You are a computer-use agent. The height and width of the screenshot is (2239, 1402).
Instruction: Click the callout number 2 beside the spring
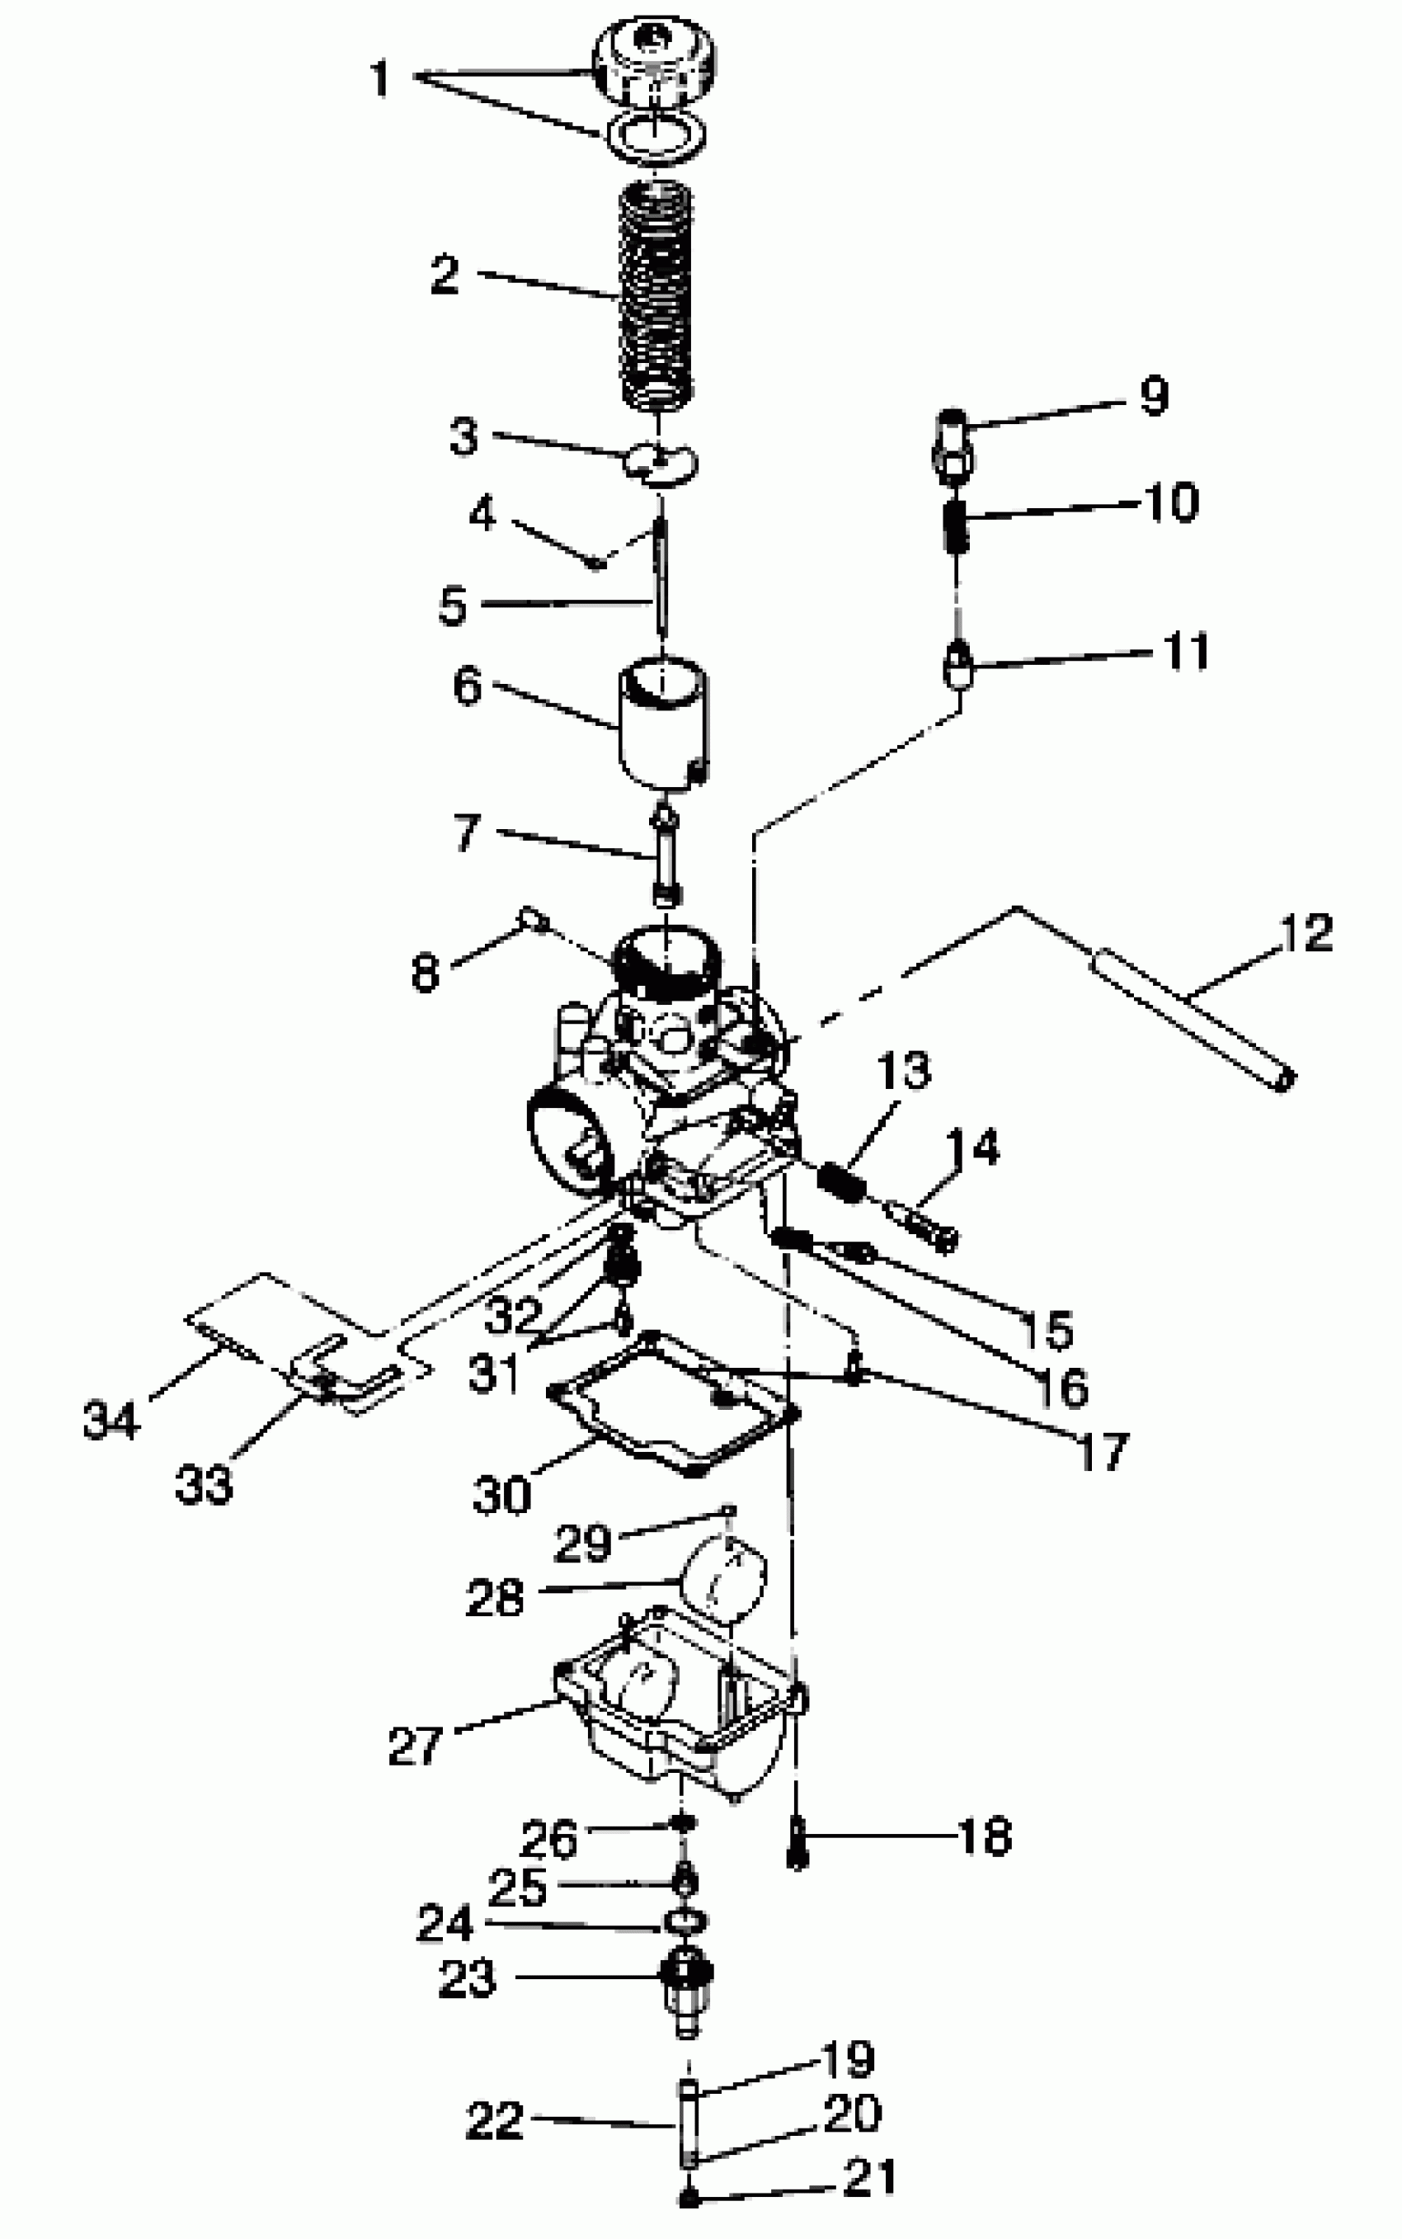[446, 276]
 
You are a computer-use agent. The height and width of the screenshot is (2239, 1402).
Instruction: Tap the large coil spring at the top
[656, 297]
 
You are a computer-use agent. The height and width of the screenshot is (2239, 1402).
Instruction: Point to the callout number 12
[1306, 933]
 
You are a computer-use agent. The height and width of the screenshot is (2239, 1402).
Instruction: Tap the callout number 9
[1154, 396]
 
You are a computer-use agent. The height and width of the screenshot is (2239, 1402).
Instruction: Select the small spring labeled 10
[957, 525]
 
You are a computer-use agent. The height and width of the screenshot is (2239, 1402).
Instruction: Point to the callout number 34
[111, 1420]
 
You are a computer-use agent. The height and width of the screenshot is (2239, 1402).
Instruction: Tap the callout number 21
[870, 2177]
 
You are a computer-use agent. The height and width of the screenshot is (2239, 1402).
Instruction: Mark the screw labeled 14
[923, 1223]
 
